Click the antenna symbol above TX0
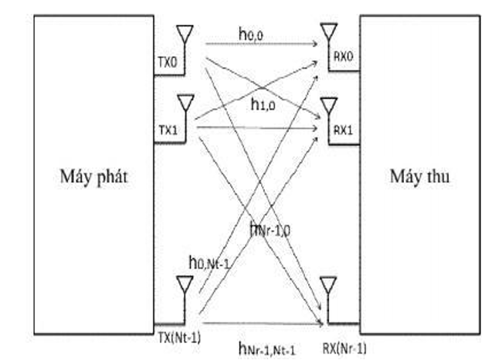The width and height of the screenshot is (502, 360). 185,34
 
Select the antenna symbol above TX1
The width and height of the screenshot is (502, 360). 185,104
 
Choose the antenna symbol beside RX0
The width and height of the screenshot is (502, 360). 327,32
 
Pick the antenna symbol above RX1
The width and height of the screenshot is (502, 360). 327,106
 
